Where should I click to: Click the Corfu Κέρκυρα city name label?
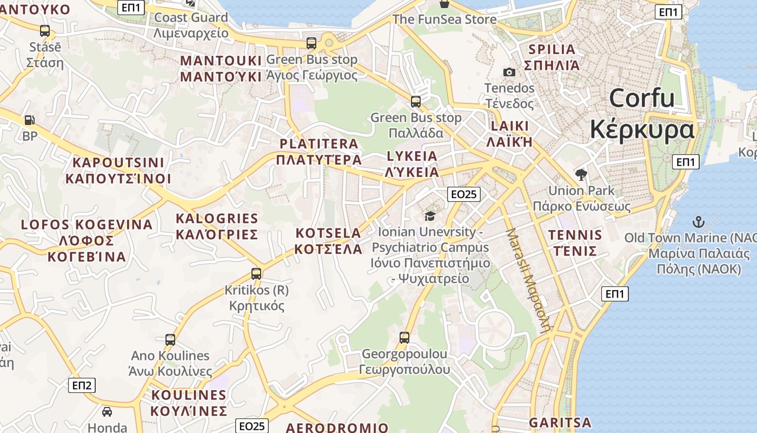click(x=642, y=114)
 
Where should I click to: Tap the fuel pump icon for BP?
click(x=30, y=120)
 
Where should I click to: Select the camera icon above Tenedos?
click(x=509, y=72)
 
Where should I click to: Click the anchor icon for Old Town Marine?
click(x=699, y=221)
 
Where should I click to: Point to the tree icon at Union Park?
click(x=581, y=174)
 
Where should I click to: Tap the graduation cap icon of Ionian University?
click(x=430, y=216)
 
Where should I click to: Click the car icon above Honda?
click(x=107, y=412)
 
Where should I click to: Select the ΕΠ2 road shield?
click(x=82, y=385)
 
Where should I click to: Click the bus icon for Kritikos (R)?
click(x=256, y=274)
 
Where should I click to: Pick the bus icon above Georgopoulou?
click(x=404, y=338)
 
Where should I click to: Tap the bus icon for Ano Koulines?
click(x=170, y=340)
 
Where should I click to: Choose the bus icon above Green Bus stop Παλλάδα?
click(x=415, y=101)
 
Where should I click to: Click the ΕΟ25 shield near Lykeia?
click(x=464, y=194)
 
